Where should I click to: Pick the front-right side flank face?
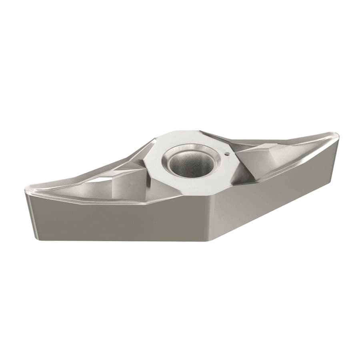coord(276,192)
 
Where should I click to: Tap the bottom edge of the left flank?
coord(120,240)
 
